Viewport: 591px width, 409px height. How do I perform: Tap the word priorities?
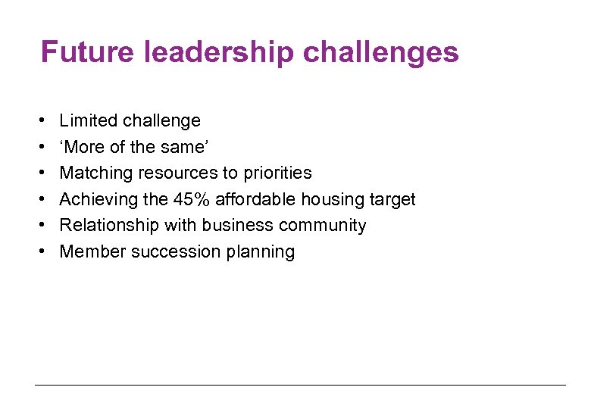click(x=277, y=173)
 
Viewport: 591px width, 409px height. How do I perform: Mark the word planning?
click(x=260, y=252)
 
